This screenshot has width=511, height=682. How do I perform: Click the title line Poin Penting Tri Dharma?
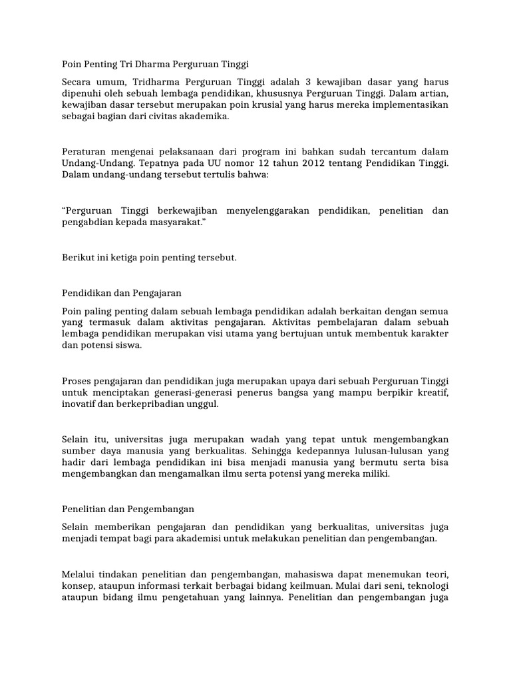click(x=154, y=65)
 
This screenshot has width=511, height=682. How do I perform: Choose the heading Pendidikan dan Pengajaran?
click(x=121, y=292)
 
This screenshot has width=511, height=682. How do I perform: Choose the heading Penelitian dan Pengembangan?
click(x=128, y=510)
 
